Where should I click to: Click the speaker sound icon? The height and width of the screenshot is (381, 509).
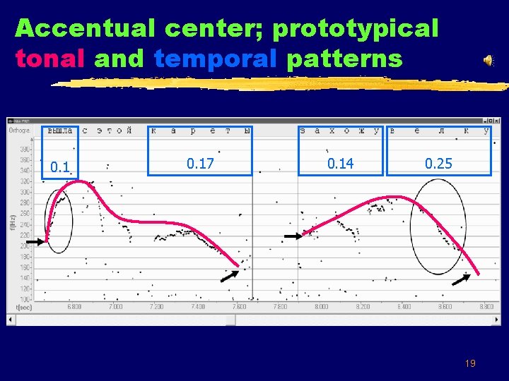[x=488, y=61]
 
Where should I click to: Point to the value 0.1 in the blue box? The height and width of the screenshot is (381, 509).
[x=60, y=167]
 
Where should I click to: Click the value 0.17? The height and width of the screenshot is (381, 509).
[x=200, y=164]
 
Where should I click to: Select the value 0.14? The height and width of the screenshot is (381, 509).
[x=340, y=164]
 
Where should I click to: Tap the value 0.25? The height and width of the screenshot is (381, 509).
[x=438, y=164]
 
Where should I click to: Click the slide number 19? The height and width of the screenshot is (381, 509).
[x=470, y=363]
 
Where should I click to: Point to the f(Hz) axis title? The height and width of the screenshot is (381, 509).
[x=12, y=222]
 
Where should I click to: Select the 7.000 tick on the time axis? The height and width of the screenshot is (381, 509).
[x=115, y=307]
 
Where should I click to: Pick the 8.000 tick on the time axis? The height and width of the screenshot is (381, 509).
[x=321, y=307]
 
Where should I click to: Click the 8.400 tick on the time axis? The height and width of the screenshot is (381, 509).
[x=404, y=307]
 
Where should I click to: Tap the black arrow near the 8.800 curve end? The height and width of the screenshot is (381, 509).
[x=461, y=279]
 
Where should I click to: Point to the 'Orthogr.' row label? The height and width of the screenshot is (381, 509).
[x=20, y=131]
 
